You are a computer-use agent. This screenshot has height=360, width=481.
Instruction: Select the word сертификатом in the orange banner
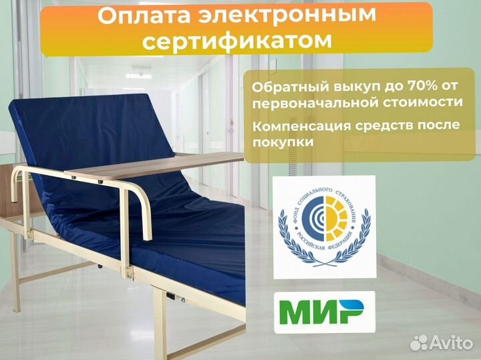238,41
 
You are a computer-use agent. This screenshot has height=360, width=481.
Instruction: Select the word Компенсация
303,126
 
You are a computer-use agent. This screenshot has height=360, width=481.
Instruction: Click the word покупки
283,142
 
